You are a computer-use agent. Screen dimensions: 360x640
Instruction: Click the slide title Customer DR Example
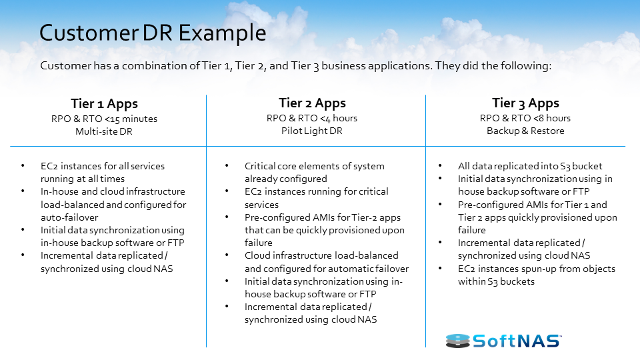tap(153, 33)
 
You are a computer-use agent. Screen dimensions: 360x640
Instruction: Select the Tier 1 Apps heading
tap(104, 103)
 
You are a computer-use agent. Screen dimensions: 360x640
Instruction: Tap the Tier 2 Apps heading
tap(312, 103)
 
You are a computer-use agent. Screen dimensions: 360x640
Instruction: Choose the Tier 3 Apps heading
tap(525, 103)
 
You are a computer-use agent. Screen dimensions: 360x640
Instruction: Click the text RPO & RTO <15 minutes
tap(104, 119)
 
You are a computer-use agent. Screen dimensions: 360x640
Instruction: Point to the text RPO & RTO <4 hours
tap(312, 118)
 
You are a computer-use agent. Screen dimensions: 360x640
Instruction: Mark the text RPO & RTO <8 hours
tap(525, 118)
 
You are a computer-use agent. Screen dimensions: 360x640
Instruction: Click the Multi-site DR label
tap(104, 131)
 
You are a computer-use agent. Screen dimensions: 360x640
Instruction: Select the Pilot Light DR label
tap(312, 131)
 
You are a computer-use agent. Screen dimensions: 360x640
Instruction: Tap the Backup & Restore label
tap(525, 131)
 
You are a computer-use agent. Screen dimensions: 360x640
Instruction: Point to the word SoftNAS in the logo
tap(517, 341)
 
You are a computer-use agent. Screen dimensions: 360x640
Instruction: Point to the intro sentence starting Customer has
tap(295, 66)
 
